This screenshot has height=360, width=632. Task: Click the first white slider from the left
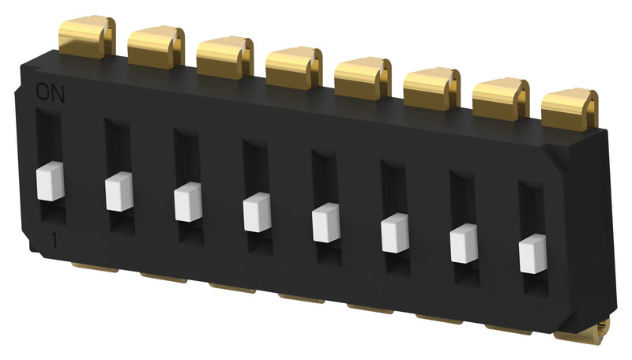pyautogui.click(x=50, y=182)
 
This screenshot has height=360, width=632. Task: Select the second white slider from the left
pyautogui.click(x=118, y=192)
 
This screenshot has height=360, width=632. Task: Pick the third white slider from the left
pyautogui.click(x=188, y=202)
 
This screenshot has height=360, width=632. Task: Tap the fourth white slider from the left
pyautogui.click(x=257, y=212)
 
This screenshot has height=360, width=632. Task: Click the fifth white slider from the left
pyautogui.click(x=325, y=223)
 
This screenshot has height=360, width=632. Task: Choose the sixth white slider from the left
pyautogui.click(x=394, y=233)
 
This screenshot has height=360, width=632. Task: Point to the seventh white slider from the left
pyautogui.click(x=464, y=243)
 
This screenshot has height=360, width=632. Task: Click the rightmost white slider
pyautogui.click(x=532, y=253)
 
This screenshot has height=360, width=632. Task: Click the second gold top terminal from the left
pyautogui.click(x=155, y=46)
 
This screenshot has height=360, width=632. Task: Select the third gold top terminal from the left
pyautogui.click(x=224, y=55)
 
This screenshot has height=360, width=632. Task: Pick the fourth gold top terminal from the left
pyautogui.click(x=293, y=66)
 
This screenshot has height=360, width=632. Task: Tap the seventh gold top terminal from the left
pyautogui.click(x=500, y=98)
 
